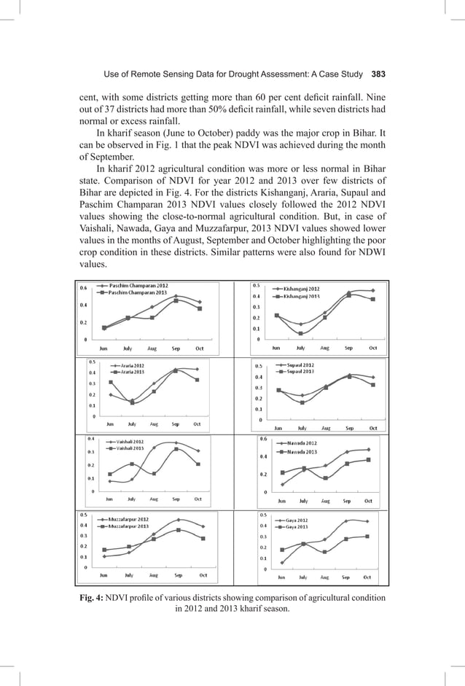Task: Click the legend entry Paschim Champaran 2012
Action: [x=138, y=286]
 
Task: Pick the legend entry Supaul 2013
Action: [x=298, y=371]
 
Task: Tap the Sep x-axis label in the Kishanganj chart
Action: [x=348, y=348]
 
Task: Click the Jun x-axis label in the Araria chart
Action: [x=110, y=424]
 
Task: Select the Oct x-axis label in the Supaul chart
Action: [x=372, y=428]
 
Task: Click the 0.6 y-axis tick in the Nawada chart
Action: [x=264, y=439]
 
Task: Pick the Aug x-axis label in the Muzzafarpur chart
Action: [x=153, y=575]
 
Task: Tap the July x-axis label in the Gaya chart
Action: [x=303, y=577]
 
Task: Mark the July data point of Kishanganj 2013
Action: [x=300, y=333]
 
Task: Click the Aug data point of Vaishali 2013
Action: [x=154, y=474]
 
